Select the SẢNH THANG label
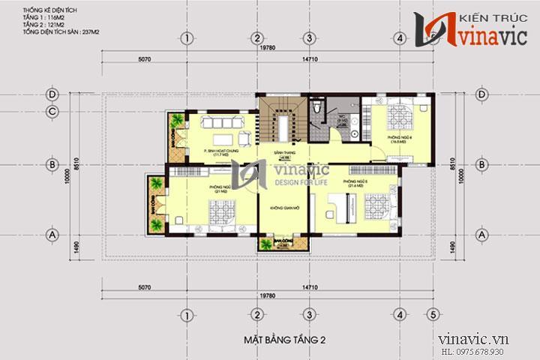point(283,152)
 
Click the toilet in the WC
point(319,109)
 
